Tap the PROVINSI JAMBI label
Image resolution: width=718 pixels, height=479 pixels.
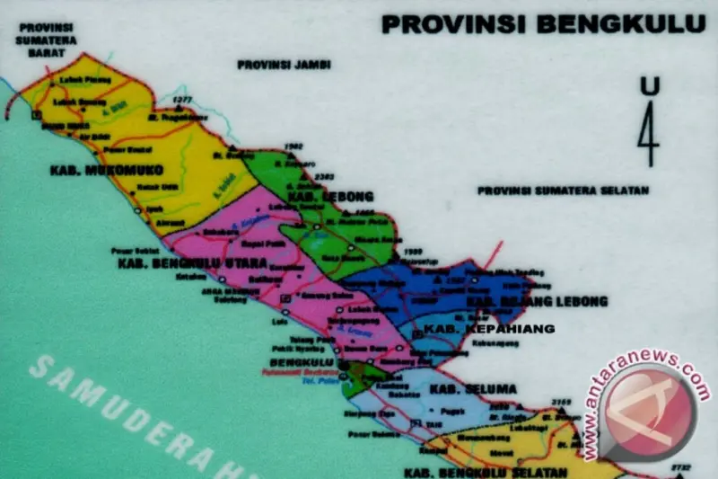284,65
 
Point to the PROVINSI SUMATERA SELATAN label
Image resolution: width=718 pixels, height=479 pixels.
563,191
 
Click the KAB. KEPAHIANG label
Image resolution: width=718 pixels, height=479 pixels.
488,329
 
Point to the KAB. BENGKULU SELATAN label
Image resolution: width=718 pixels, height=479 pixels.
485,472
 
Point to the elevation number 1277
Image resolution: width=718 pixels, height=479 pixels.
183,99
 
